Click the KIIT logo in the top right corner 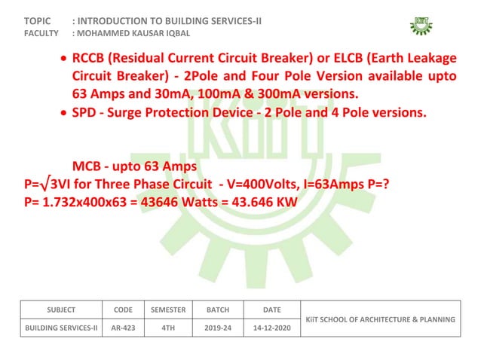(421, 24)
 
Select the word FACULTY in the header (42, 34)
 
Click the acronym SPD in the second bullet (85, 113)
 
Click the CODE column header (123, 310)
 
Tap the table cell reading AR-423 (123, 328)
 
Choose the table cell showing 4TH (168, 328)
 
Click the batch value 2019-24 (218, 328)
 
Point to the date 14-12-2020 (271, 328)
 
